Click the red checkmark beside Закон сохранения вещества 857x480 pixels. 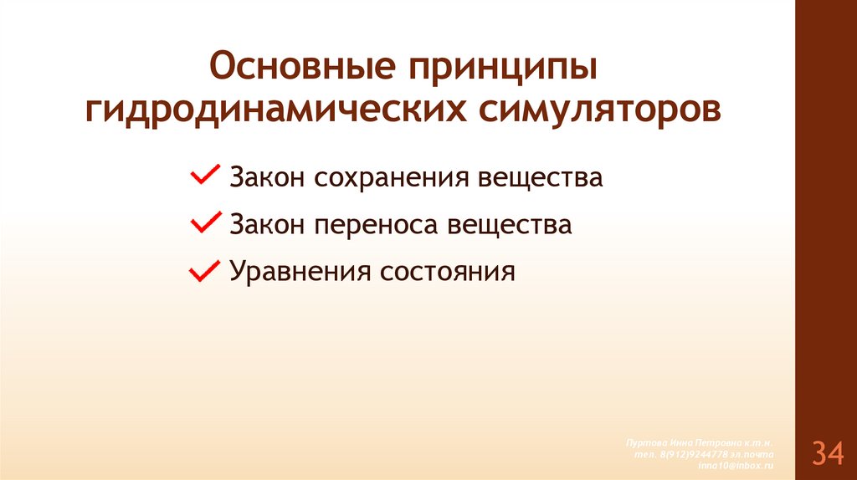pyautogui.click(x=203, y=176)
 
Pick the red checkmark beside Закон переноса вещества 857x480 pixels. pyautogui.click(x=203, y=222)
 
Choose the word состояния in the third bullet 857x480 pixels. pyautogui.click(x=449, y=273)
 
